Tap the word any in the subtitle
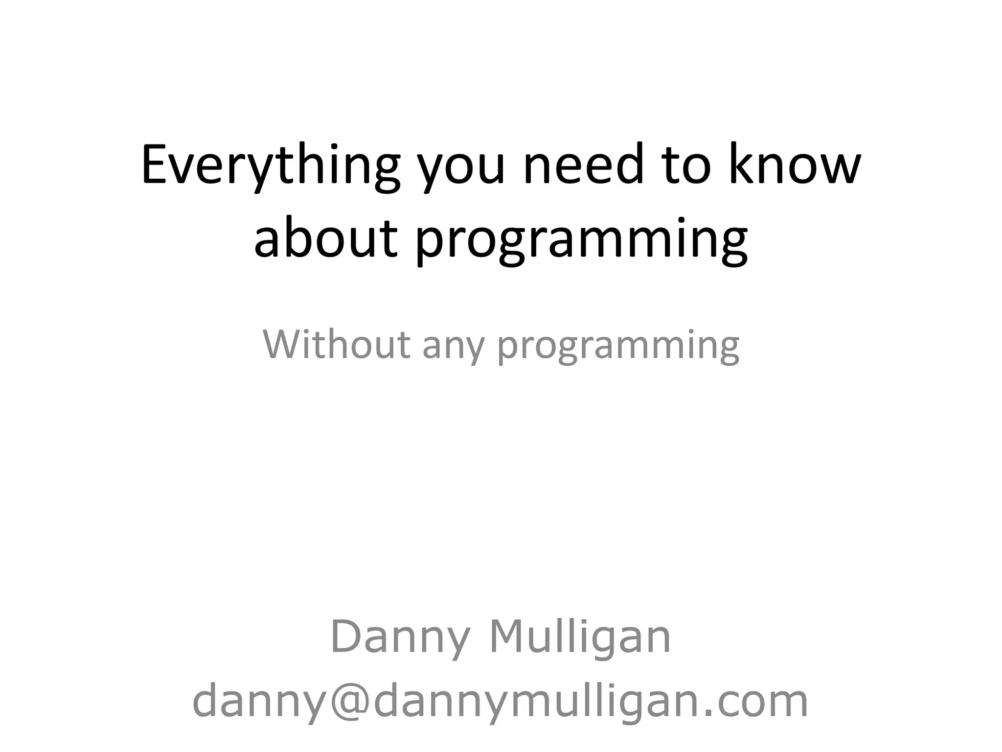click(x=453, y=348)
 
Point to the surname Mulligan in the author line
click(x=580, y=638)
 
